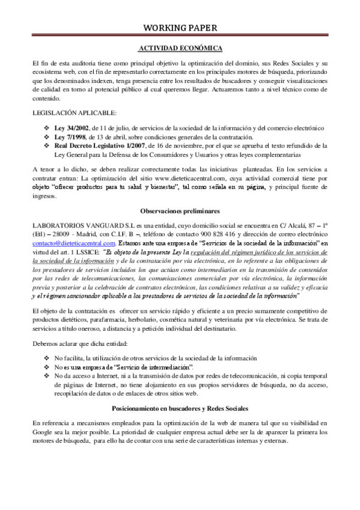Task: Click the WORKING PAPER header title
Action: (180, 28)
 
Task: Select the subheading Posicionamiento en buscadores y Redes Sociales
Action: (180, 407)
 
